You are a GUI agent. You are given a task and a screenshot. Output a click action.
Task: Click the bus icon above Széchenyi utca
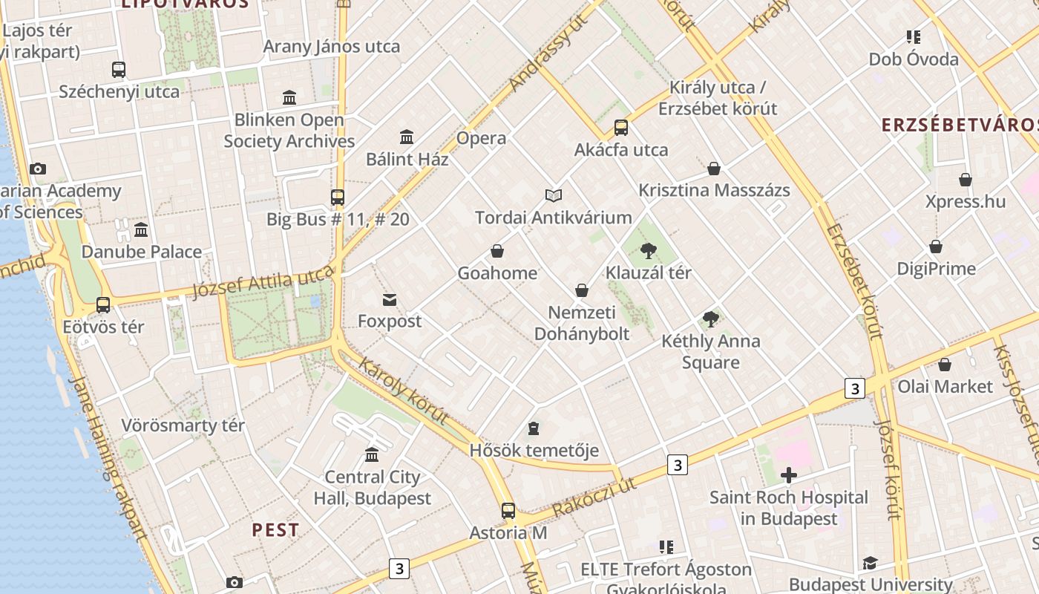tap(119, 70)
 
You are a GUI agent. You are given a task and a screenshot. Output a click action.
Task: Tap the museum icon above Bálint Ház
tap(407, 137)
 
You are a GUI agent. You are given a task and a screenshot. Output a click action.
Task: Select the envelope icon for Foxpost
tap(390, 300)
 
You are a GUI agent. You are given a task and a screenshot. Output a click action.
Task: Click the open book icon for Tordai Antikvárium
tap(554, 196)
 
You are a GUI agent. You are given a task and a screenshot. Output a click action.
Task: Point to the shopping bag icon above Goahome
tap(497, 252)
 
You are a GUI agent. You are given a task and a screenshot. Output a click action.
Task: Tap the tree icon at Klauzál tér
tap(649, 251)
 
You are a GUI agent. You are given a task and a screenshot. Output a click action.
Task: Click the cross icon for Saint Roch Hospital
tap(789, 475)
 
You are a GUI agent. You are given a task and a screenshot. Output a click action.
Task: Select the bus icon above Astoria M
tap(508, 511)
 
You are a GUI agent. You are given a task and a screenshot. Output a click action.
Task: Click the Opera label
tap(482, 138)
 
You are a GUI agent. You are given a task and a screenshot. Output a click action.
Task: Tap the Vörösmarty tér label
tap(183, 426)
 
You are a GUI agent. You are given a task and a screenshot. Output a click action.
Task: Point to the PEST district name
tap(275, 530)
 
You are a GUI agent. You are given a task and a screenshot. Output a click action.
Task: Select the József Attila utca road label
tap(263, 283)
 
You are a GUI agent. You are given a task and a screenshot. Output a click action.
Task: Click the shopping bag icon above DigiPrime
tap(936, 247)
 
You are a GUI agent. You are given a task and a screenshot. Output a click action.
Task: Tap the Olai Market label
tap(945, 387)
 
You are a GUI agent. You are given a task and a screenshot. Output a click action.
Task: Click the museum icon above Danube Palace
tap(141, 229)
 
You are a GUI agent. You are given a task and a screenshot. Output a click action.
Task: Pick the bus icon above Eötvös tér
tap(103, 305)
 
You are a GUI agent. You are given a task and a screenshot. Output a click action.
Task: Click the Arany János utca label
tap(332, 47)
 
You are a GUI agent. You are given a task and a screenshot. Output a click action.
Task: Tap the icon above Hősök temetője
tap(534, 428)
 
